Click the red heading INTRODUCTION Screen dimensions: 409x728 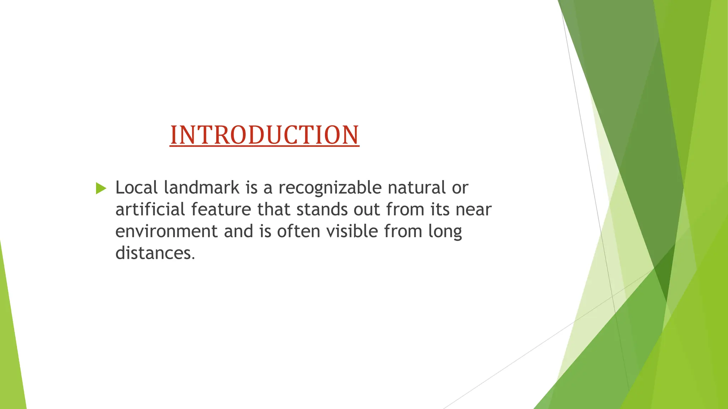pyautogui.click(x=264, y=135)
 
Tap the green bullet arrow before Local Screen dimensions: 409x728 pyautogui.click(x=101, y=188)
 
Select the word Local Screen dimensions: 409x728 pyautogui.click(x=136, y=187)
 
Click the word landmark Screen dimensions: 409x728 pyautogui.click(x=202, y=187)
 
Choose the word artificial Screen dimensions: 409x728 pyautogui.click(x=150, y=209)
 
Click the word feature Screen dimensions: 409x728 pyautogui.click(x=221, y=209)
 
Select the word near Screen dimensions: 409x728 pyautogui.click(x=473, y=210)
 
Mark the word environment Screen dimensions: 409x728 pyautogui.click(x=166, y=231)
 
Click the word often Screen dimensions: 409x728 pyautogui.click(x=298, y=231)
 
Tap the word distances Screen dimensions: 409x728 pyautogui.click(x=155, y=253)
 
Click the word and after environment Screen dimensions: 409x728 pyautogui.click(x=238, y=231)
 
